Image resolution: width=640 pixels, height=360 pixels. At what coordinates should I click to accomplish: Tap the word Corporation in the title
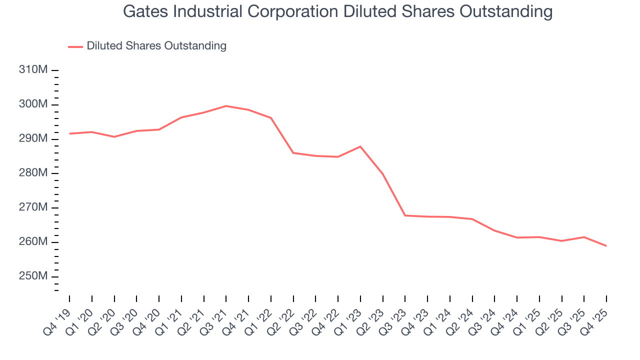pos(307,11)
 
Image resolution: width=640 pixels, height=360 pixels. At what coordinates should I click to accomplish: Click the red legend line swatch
pos(75,46)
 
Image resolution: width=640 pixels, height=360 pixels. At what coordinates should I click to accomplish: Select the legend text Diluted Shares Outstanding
pos(156,46)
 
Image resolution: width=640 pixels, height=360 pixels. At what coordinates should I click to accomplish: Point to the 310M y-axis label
pos(33,70)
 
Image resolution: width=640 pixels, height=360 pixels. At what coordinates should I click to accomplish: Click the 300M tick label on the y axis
pos(33,104)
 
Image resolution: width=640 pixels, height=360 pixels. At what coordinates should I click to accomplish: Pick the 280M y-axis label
pos(33,173)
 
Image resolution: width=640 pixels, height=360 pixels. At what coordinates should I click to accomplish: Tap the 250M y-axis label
pos(33,276)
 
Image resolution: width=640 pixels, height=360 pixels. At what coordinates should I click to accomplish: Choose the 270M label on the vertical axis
pos(33,207)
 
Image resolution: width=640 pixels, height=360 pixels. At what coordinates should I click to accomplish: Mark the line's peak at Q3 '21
pos(226,106)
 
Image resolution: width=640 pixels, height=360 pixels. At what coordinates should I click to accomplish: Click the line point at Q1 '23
pos(360,146)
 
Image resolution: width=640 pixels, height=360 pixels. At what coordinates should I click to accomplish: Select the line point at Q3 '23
pos(405,215)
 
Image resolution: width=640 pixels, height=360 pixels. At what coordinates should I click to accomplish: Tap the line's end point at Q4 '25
pos(606,246)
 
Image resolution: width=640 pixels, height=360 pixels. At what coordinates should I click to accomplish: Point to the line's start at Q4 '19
pos(69,133)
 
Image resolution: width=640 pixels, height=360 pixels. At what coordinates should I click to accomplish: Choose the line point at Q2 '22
pos(293,153)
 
